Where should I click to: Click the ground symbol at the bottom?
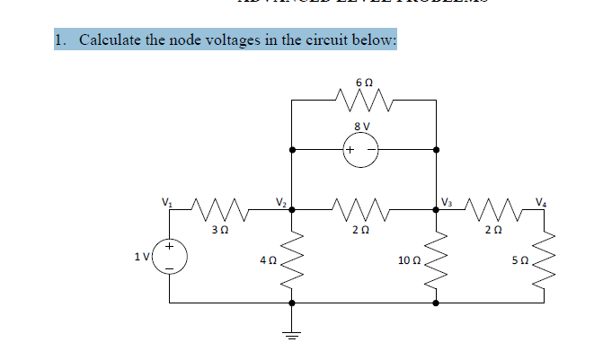290,334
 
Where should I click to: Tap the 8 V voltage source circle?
363,149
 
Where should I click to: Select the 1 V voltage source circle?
168,256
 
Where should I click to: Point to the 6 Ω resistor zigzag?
363,96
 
